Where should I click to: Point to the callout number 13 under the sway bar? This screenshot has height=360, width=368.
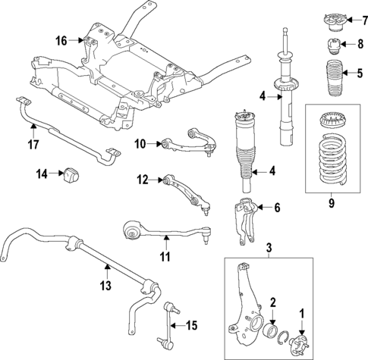(105, 286)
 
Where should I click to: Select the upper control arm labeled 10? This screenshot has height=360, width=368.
(181, 141)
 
